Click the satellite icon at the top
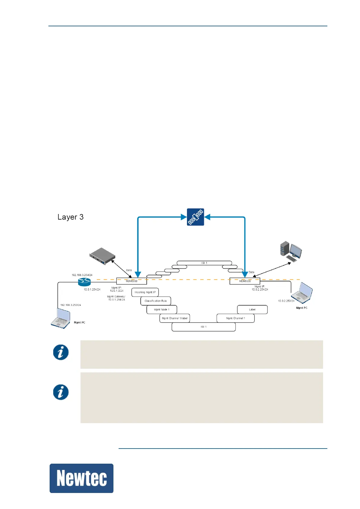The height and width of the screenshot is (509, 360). pos(195,217)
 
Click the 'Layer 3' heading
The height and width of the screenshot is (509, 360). pos(70,217)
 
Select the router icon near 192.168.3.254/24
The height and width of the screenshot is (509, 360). pos(84,282)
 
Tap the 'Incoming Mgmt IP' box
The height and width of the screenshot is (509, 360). pos(145,292)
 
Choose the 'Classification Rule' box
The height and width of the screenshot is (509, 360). pos(155,301)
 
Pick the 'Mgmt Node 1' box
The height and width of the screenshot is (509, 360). pos(162,310)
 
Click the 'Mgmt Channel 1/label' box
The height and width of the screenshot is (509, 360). pos(175,318)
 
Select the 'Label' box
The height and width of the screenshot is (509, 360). pos(252,310)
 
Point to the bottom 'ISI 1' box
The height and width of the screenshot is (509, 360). pos(204,327)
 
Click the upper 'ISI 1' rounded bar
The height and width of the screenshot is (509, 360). pos(204,263)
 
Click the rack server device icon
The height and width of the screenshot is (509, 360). pos(102,256)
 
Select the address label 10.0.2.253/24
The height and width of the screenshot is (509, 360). pos(286,301)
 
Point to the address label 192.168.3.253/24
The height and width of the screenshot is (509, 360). pos(70,305)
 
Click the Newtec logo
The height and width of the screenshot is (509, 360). pos(81,478)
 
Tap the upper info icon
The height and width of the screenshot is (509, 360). pos(61,352)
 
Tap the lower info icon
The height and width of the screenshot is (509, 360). pos(61,392)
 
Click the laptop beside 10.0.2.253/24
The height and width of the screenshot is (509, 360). pos(302,293)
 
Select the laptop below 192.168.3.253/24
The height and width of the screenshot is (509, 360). pos(61,318)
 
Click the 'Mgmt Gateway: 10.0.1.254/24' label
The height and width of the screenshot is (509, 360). pos(116,298)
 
